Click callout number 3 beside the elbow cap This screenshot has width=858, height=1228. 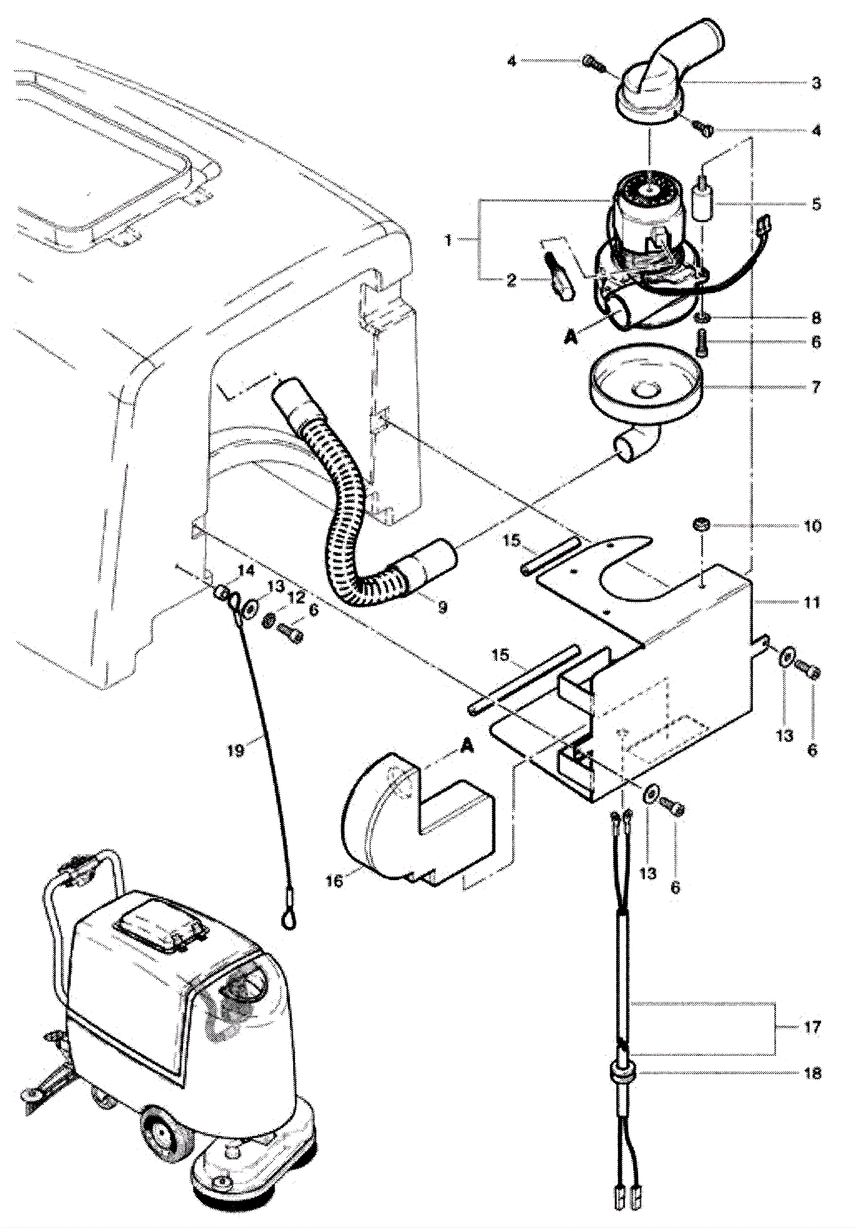click(816, 84)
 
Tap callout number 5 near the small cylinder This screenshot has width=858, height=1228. click(816, 204)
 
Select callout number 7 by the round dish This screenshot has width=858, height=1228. click(816, 386)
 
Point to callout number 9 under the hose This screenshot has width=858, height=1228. click(442, 608)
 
